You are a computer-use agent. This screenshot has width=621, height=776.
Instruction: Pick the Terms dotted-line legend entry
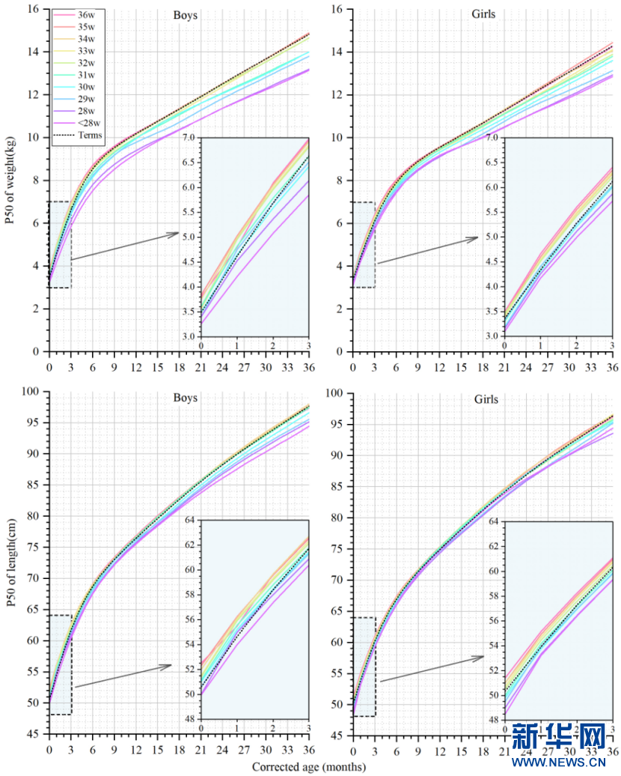point(76,136)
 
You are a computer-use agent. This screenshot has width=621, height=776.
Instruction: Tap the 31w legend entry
point(76,75)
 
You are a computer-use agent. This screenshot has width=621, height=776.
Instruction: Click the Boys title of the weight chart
point(186,16)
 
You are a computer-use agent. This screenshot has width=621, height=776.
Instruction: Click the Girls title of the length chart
point(486,399)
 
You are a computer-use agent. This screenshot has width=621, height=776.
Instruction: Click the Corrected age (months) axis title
point(309,766)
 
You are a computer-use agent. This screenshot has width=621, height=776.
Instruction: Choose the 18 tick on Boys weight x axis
point(180,368)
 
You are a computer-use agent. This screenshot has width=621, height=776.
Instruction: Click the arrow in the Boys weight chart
point(126,246)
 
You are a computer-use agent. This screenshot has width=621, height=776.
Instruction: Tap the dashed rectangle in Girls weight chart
point(364,244)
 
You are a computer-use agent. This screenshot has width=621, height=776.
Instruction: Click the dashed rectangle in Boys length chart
point(60,664)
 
